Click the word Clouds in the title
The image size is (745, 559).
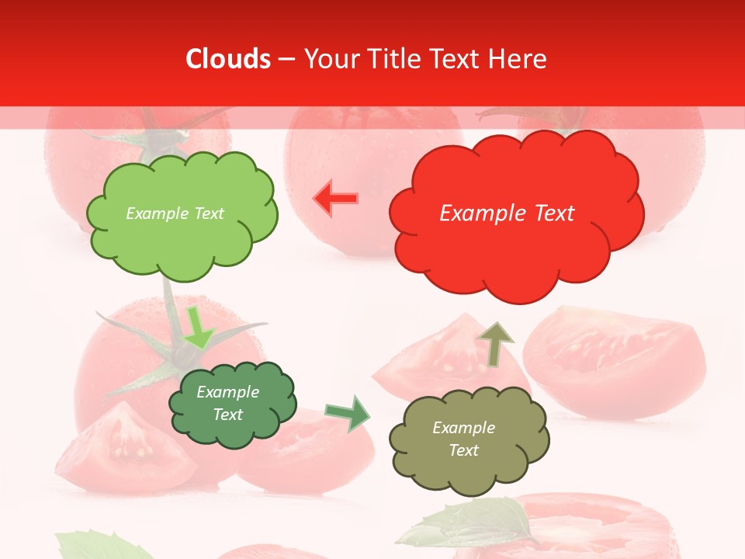click(228, 59)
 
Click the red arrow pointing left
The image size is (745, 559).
click(335, 199)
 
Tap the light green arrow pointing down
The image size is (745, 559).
click(197, 329)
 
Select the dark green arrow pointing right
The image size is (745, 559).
click(348, 413)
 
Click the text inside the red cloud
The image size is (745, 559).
click(507, 214)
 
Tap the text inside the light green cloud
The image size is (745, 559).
click(175, 214)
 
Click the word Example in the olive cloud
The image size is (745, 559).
click(463, 428)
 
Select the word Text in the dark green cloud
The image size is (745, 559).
click(228, 415)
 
